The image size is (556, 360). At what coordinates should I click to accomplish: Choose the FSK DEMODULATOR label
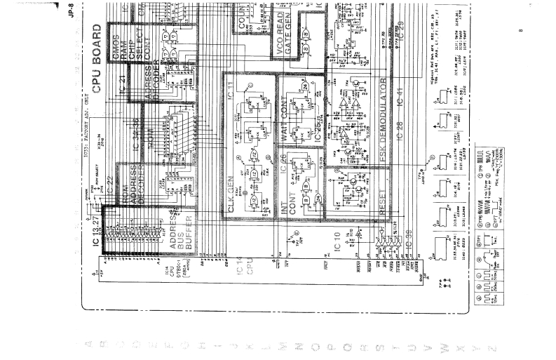[384, 126]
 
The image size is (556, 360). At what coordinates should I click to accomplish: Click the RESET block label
[382, 203]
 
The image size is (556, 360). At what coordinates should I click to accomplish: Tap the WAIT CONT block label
[286, 114]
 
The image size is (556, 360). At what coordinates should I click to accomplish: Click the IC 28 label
[400, 145]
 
